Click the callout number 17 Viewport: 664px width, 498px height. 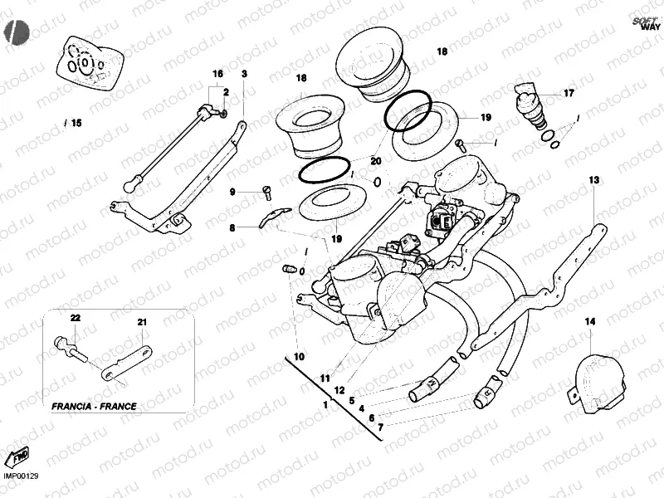(569, 93)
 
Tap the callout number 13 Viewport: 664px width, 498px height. (594, 180)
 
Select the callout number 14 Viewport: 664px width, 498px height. (589, 320)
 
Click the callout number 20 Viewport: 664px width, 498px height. (375, 160)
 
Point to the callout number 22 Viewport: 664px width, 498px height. (74, 318)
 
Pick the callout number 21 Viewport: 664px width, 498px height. (141, 322)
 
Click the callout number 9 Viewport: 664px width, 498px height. (233, 192)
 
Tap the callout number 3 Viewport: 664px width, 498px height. (244, 74)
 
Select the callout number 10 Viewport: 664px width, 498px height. (299, 356)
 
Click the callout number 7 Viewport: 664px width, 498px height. (380, 427)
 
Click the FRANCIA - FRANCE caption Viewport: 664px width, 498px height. (94, 407)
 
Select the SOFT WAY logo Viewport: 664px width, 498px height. (645, 23)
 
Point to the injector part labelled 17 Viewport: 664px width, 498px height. (530, 104)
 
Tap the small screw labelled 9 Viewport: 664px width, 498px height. (267, 193)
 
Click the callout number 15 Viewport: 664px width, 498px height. (76, 123)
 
